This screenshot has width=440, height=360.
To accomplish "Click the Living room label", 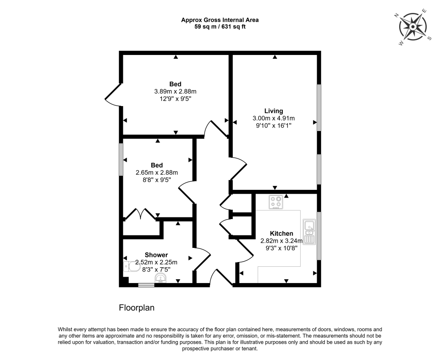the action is (274, 111).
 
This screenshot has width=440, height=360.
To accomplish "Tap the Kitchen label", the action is (281, 233).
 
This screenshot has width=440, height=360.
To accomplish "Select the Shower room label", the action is (156, 255).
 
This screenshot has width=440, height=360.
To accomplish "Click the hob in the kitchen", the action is (276, 202).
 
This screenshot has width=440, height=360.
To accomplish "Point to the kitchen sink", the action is (309, 232).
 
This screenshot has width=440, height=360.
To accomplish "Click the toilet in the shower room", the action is (131, 266).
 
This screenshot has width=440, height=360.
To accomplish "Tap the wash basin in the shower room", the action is (161, 279).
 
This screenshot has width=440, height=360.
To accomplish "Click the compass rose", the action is (413, 27).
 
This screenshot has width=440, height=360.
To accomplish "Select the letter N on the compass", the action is (397, 15).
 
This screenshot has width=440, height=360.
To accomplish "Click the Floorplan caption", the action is (137, 308).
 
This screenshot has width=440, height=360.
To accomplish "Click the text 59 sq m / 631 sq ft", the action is (220, 27).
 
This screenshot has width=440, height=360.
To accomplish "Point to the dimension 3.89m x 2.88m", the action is (175, 92).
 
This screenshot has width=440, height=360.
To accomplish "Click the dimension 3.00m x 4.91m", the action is (274, 118).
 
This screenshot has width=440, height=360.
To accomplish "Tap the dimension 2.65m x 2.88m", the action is (156, 173).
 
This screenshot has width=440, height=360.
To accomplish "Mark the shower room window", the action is (146, 285).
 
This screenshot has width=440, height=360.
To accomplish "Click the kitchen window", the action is (319, 236).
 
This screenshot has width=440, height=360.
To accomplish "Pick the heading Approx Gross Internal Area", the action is (220, 20).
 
